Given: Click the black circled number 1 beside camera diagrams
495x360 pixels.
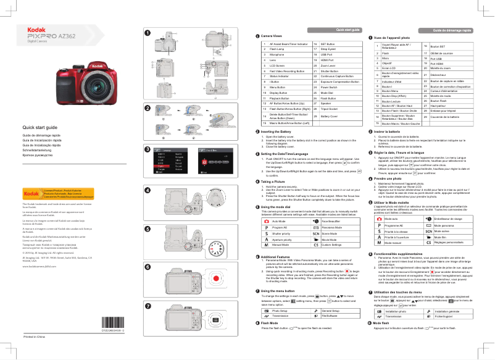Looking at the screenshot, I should coord(147,32).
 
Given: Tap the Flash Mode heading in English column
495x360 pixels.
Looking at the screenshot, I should coord(273,322).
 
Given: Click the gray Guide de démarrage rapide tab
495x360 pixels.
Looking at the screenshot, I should coord(452,30).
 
